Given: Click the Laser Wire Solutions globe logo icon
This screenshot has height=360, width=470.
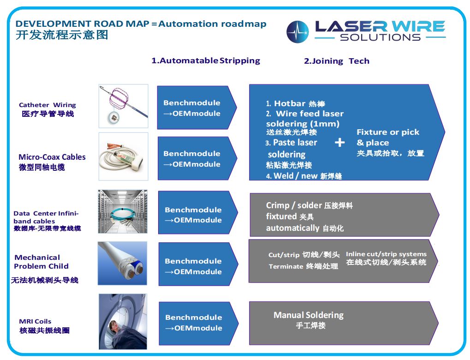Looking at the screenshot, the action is coord(297,31).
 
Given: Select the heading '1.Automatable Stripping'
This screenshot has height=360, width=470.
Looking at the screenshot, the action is coord(206,60).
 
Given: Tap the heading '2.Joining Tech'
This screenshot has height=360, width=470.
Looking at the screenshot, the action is coord(337,61).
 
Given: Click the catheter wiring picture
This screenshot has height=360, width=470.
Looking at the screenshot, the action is coord(124,106).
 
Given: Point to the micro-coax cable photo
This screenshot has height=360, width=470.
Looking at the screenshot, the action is coord(124,156).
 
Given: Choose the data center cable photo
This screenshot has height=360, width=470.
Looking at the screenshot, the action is coord(123,211).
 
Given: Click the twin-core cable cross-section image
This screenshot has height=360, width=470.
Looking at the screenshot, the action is coord(122,263).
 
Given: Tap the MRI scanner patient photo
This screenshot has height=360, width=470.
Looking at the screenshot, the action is coord(123,321).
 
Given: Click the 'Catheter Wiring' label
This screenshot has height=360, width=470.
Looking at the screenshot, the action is coord(48,105).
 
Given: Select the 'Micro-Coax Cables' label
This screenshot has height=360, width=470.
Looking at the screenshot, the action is coord(52,157).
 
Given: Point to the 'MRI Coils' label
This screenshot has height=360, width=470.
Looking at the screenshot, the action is coord(35,321).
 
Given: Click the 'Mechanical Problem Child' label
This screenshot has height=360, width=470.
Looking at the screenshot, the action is coord(41,262).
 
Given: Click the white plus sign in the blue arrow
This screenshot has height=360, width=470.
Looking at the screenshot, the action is coord(339,142).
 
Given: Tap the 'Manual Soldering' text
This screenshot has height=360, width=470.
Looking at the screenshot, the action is coord(309,315).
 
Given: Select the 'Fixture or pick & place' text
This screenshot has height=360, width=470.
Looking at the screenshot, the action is coord(388,137).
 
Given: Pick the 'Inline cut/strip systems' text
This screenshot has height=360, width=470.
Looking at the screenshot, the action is coord(386,254).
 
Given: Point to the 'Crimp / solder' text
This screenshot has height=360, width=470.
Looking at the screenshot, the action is coord(289,205).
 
